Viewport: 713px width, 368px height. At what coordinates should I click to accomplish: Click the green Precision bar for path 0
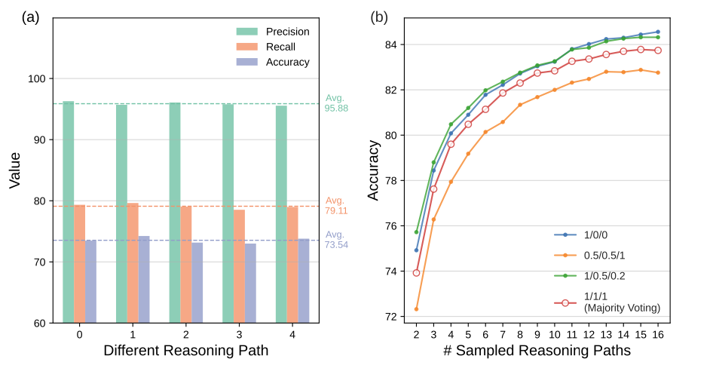pyautogui.click(x=68, y=211)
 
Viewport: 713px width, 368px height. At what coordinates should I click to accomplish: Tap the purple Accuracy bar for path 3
pyautogui.click(x=250, y=283)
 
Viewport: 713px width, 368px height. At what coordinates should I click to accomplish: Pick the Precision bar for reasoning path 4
pyautogui.click(x=280, y=214)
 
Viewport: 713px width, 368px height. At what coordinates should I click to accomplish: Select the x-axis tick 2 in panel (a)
pyautogui.click(x=186, y=333)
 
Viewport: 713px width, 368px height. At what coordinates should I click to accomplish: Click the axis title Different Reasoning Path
pyautogui.click(x=186, y=351)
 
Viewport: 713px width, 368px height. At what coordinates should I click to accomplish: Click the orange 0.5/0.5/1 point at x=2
pyautogui.click(x=416, y=309)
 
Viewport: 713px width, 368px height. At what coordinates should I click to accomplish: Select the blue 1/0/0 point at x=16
pyautogui.click(x=658, y=32)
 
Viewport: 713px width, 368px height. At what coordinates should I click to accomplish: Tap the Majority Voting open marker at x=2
pyautogui.click(x=416, y=273)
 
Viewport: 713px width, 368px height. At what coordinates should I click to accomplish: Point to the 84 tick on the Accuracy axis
pyautogui.click(x=397, y=44)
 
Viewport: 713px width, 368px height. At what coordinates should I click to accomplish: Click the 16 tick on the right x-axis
pyautogui.click(x=658, y=333)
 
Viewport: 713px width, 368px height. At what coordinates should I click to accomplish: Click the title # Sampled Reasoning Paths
pyautogui.click(x=537, y=351)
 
